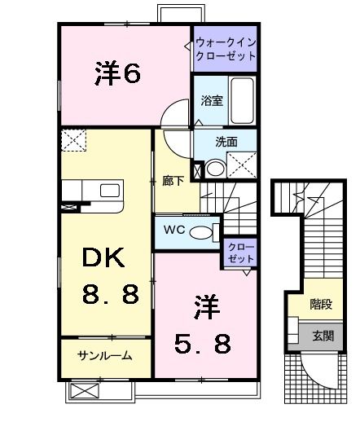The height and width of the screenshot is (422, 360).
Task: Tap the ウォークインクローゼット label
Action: [x=226, y=50]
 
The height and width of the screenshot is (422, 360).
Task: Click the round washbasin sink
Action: [x=214, y=169]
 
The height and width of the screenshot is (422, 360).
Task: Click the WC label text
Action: [x=173, y=229]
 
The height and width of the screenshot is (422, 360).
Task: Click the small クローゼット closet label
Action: [x=240, y=252]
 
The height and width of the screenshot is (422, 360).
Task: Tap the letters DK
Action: [x=102, y=259]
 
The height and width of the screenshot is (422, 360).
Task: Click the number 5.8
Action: [x=200, y=345]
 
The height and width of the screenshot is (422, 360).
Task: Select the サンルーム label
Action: [x=104, y=355]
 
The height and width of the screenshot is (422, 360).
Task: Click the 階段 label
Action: [x=321, y=305]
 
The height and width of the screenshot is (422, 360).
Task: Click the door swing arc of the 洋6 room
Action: [x=171, y=116]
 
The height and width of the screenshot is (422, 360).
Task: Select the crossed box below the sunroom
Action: [x=83, y=391]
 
